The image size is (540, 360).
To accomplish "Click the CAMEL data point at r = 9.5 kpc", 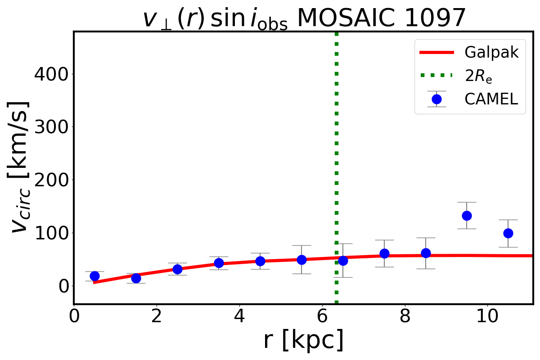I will click(467, 216).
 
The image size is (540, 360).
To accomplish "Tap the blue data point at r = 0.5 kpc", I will click(94, 276).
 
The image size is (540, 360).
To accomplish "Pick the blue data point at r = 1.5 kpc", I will click(136, 278).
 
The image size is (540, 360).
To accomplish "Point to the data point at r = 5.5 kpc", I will click(301, 260).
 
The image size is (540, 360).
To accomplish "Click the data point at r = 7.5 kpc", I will click(384, 253).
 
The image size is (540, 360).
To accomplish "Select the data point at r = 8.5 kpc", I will click(426, 253).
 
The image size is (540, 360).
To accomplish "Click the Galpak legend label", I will click(491, 52).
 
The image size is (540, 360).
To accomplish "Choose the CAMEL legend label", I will click(491, 99).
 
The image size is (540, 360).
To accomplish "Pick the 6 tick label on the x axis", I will click(322, 316).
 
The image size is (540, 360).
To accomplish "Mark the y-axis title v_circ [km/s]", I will click(20, 166).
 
